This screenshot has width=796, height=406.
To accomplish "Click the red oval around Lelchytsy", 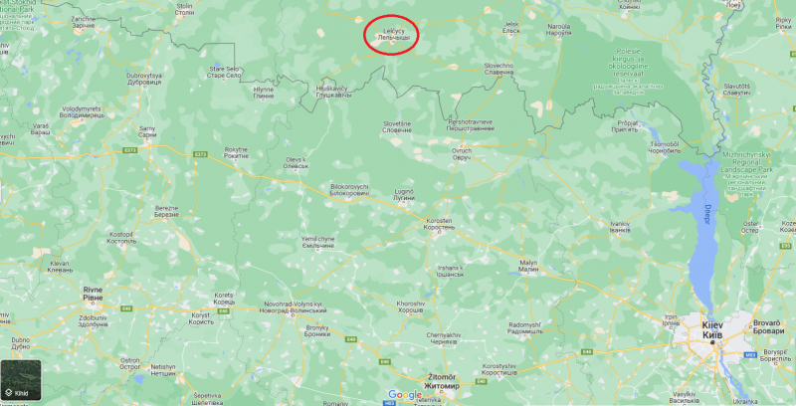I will (391, 33).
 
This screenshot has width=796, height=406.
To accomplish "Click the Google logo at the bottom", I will (405, 395).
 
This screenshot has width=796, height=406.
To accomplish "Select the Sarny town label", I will (147, 131).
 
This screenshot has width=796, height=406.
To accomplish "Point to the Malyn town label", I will (527, 265).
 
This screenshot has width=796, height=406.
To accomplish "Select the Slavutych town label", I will (737, 90).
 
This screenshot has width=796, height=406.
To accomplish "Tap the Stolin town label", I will (185, 9).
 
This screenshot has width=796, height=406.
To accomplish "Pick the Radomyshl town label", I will (524, 328).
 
